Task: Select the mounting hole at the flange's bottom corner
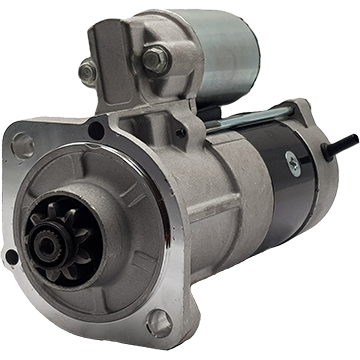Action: [x=158, y=322]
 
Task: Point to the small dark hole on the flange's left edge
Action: [x=11, y=257]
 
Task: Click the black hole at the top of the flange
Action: [x=97, y=129]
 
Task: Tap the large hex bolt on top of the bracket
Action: [x=154, y=59]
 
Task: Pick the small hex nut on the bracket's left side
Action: [x=88, y=71]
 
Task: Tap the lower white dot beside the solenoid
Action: [x=254, y=100]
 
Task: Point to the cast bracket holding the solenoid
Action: [x=125, y=80]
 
